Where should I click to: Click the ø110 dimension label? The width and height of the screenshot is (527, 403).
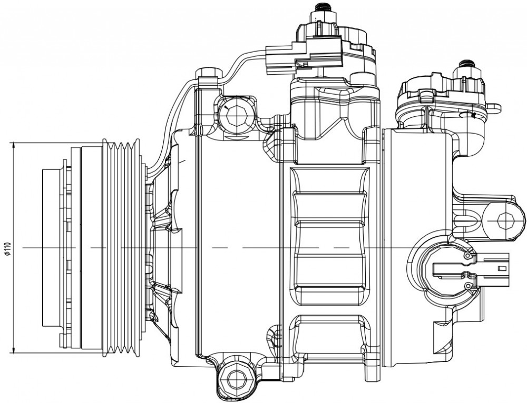[8, 248]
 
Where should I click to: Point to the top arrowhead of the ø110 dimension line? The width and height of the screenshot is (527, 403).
[14, 146]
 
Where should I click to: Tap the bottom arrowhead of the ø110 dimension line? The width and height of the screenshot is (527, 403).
[14, 349]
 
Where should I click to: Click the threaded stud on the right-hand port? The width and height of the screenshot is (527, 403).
[467, 64]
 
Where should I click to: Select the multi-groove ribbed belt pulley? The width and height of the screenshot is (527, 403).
[121, 248]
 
